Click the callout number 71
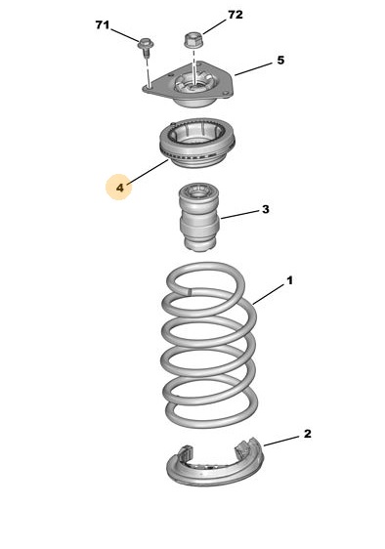click(x=102, y=25)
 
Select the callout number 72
click(x=235, y=15)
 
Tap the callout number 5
click(x=280, y=61)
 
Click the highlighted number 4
click(x=120, y=188)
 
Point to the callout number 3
click(x=266, y=209)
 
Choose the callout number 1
click(x=289, y=280)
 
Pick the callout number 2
click(x=307, y=434)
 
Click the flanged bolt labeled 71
click(x=146, y=47)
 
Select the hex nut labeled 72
click(x=192, y=40)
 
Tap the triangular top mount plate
click(x=188, y=85)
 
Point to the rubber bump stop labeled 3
click(x=199, y=217)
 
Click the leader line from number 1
click(x=269, y=294)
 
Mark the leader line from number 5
click(x=253, y=69)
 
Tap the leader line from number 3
click(x=240, y=215)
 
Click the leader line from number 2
click(x=281, y=442)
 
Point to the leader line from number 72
click(x=214, y=27)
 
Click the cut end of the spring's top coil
click(x=190, y=290)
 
